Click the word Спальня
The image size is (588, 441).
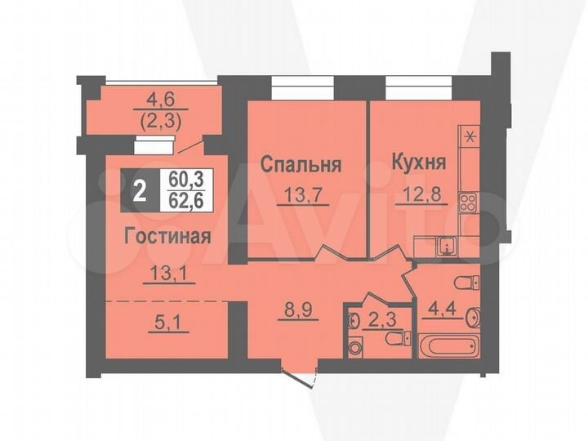pos(300,164)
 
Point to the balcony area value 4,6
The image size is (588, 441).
pos(155,104)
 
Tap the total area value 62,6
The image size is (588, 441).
pos(186,198)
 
